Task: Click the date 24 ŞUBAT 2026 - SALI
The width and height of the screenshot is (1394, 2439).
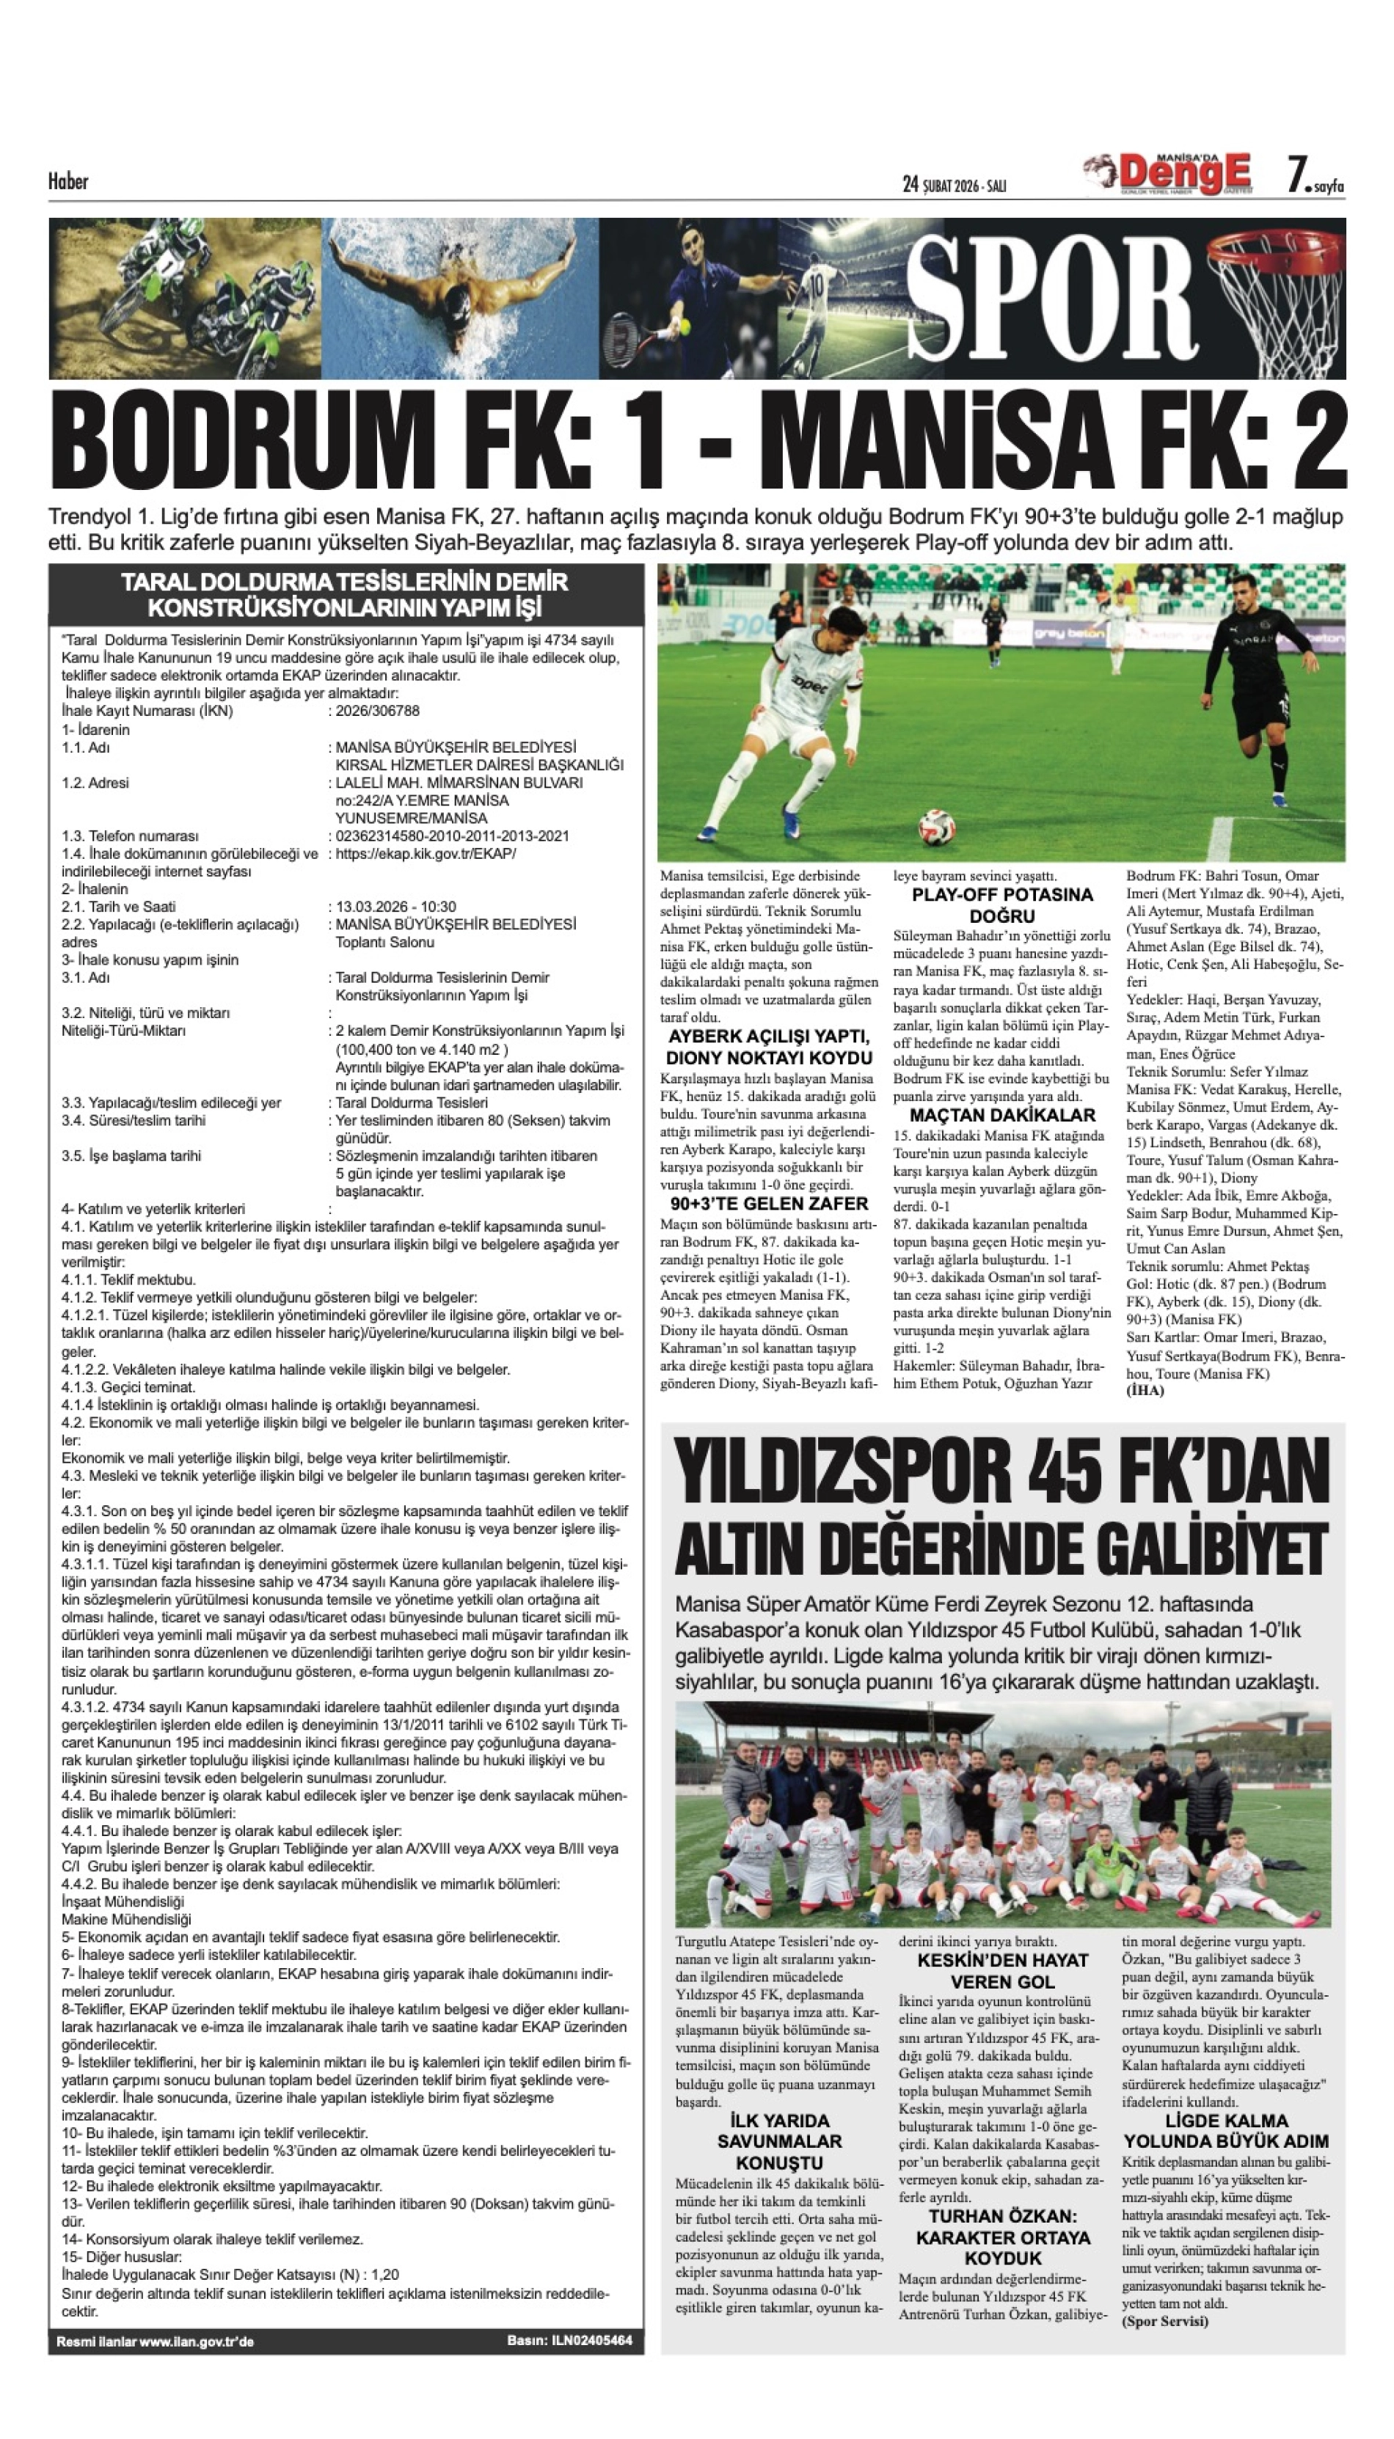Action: pyautogui.click(x=954, y=185)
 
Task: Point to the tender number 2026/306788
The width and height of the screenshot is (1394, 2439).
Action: pyautogui.click(x=377, y=712)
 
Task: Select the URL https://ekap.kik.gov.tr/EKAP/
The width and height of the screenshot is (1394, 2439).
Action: pyautogui.click(x=425, y=854)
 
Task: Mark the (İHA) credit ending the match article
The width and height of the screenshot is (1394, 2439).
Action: pyautogui.click(x=1145, y=1391)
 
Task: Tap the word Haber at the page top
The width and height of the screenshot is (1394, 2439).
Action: pyautogui.click(x=68, y=181)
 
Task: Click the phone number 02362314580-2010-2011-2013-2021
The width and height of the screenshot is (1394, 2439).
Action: pyautogui.click(x=452, y=835)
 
